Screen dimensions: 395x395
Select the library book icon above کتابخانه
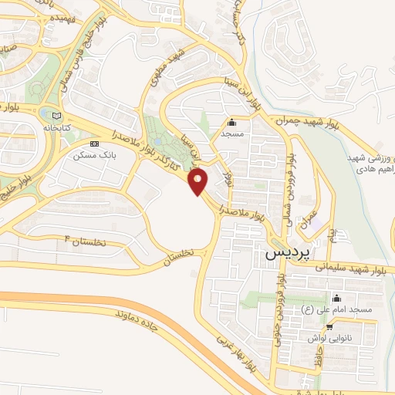tap(53, 116)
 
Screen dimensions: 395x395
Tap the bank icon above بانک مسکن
tap(95, 143)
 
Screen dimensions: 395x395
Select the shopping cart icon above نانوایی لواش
tap(329, 326)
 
